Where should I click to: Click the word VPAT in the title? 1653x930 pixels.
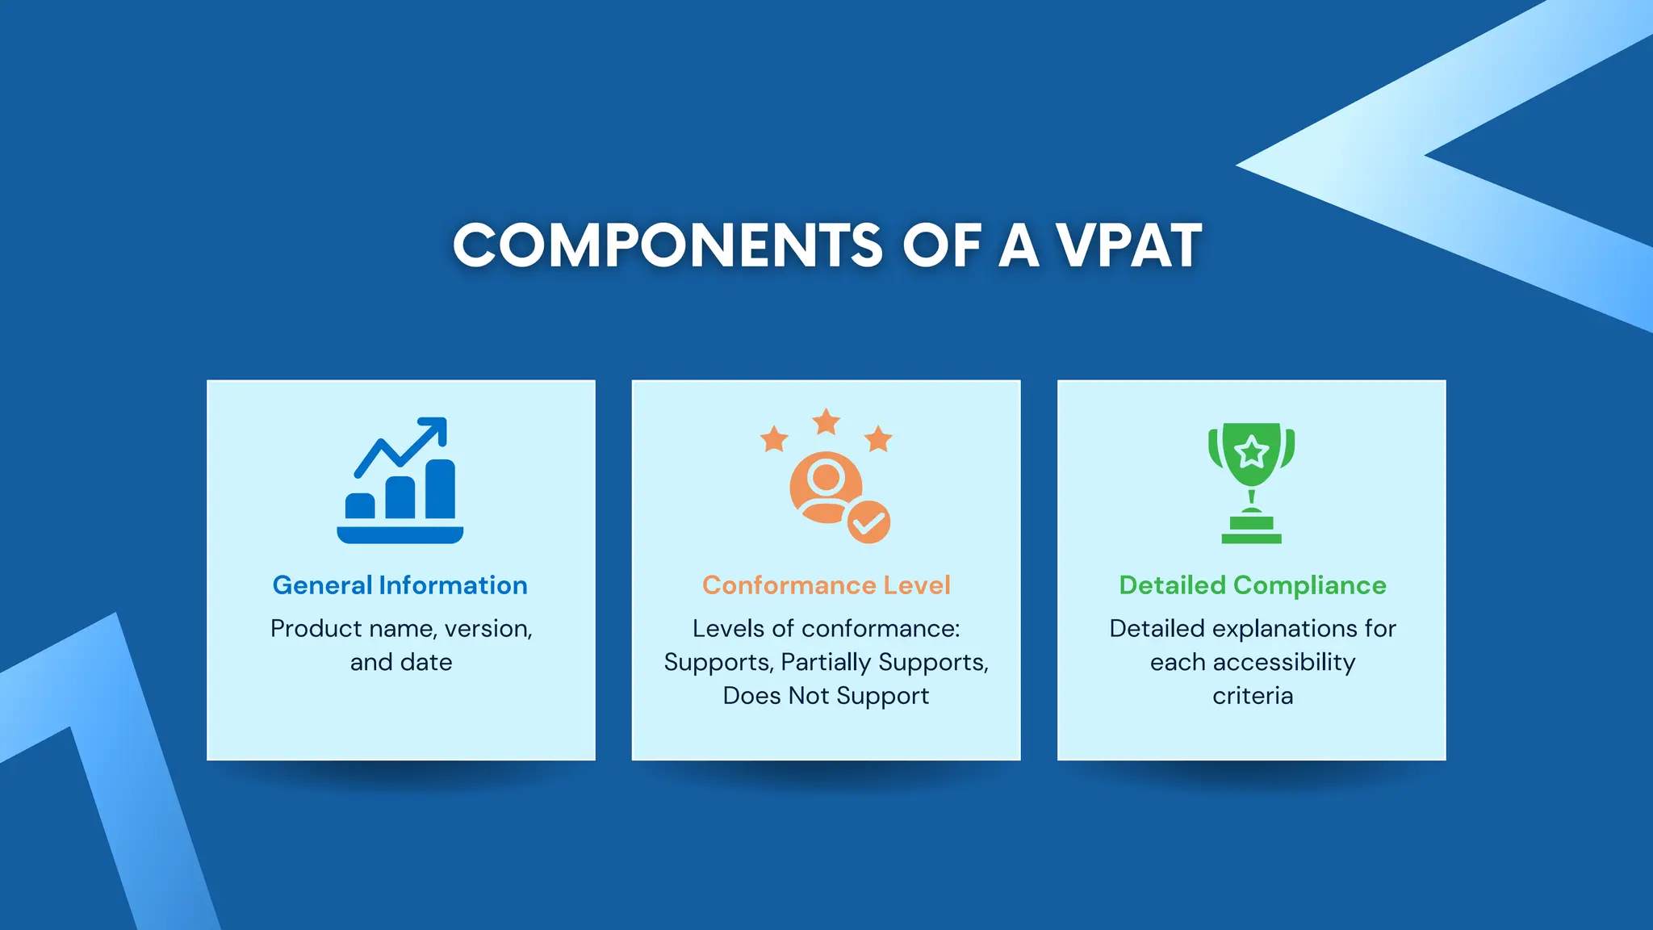click(1128, 245)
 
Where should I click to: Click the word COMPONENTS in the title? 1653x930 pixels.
click(667, 245)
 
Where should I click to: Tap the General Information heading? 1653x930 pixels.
click(400, 585)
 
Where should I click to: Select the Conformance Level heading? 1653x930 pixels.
click(826, 585)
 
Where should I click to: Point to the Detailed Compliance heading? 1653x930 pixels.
click(1252, 585)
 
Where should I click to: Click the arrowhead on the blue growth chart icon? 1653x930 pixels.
click(437, 427)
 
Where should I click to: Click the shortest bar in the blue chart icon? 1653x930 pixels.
click(360, 506)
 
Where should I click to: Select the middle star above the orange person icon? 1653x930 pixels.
click(826, 421)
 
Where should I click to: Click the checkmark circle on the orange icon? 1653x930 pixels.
click(868, 522)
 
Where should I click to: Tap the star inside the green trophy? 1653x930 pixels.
click(1251, 451)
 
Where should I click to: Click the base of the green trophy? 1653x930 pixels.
click(1251, 537)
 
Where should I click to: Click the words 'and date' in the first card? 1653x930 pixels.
click(401, 663)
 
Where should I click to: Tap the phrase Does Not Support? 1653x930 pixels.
click(826, 696)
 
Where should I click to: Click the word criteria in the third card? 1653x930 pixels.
click(1252, 696)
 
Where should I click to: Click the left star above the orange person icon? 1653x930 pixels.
click(774, 439)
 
